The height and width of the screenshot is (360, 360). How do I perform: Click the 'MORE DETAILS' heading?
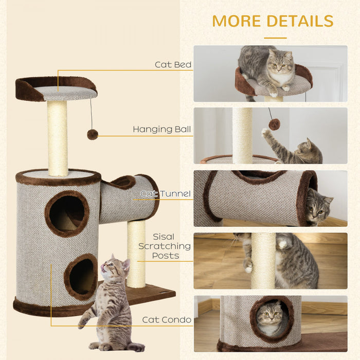click(x=273, y=21)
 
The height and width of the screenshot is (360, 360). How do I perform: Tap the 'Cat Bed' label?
click(x=173, y=65)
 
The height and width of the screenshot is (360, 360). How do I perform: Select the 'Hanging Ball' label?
click(x=162, y=129)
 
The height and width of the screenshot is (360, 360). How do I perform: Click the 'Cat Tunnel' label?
click(x=166, y=194)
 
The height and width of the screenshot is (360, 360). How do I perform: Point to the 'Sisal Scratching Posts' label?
click(x=165, y=246)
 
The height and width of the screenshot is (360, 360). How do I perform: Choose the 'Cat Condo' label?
click(x=167, y=320)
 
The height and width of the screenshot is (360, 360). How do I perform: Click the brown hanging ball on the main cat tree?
click(x=93, y=134)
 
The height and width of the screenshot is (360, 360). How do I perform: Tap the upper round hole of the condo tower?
click(x=67, y=213)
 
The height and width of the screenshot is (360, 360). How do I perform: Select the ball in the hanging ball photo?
click(x=274, y=124)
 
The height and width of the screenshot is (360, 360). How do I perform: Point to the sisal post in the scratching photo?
click(x=263, y=260)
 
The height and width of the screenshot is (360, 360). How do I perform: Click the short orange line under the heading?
click(x=275, y=38)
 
